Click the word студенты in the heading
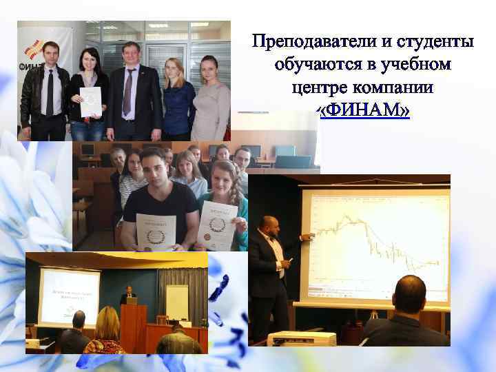click(x=433, y=42)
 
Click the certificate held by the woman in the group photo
click(x=90, y=102)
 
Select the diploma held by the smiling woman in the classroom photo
click(x=217, y=225)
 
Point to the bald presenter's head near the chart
click(x=267, y=224)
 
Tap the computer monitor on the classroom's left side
click(x=87, y=149)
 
